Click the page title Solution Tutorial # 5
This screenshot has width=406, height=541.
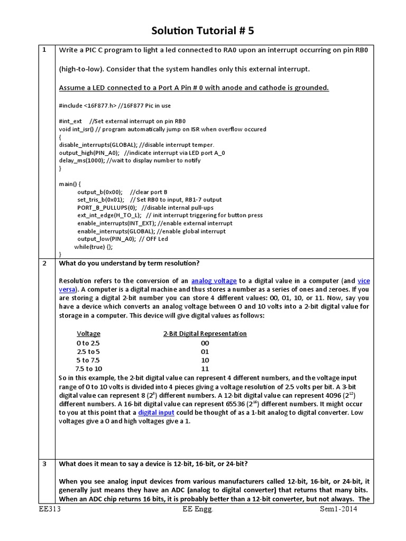203,31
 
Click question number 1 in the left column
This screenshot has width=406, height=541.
44,50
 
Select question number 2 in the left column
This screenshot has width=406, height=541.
44,264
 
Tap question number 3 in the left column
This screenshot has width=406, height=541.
44,464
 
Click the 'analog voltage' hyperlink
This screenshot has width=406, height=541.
214,281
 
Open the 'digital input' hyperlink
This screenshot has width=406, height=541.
156,412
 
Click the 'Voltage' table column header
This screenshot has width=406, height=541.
88,334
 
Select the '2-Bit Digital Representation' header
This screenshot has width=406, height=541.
205,334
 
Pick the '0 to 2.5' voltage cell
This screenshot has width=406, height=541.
88,343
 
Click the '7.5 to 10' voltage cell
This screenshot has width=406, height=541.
88,369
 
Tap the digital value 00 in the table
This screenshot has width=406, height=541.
205,343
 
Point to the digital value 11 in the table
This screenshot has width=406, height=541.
205,369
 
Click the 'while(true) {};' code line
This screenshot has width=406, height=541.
94,247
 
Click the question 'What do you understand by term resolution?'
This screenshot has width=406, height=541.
129,264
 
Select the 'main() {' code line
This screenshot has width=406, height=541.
70,184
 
